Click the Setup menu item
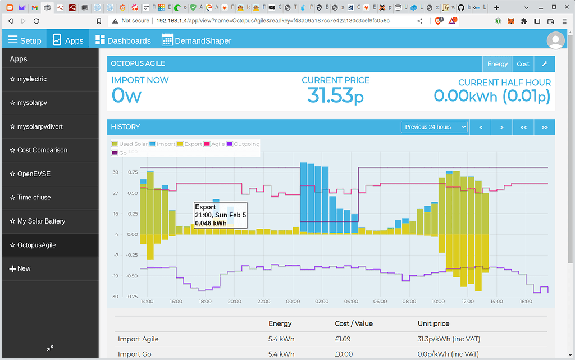[x=25, y=40]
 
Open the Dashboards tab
[x=123, y=40]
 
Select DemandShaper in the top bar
[x=197, y=40]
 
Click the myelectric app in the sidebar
[x=32, y=79]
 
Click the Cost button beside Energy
[x=523, y=64]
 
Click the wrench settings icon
[x=544, y=64]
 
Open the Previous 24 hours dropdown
[x=434, y=127]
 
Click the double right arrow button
[x=544, y=127]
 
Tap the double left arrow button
[x=523, y=127]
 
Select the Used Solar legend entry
[x=130, y=144]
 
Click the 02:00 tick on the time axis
[x=322, y=302]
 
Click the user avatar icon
[x=555, y=40]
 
